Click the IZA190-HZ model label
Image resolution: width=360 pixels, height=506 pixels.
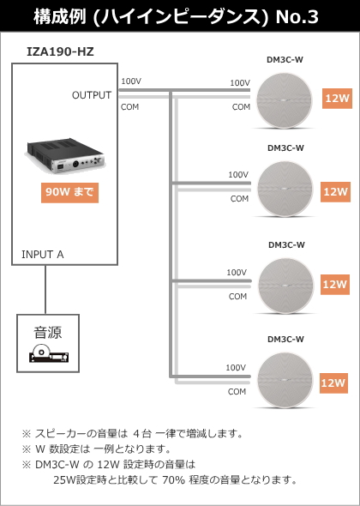pos(60,51)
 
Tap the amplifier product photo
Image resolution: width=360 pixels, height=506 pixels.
pos(66,156)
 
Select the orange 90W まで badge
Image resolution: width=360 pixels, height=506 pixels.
pos(69,193)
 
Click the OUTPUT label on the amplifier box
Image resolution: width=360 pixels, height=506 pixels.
pos(92,95)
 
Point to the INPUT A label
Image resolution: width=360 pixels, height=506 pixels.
pos(43,255)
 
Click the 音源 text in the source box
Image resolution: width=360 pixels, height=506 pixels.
pos(48,333)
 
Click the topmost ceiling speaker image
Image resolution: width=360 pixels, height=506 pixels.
pos(285,100)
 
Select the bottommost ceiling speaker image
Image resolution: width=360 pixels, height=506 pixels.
pos(285,380)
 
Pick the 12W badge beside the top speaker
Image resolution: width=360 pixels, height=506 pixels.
pos(337,98)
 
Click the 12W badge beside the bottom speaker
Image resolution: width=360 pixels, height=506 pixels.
pos(333,383)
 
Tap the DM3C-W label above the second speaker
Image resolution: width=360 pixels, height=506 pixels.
pos(285,148)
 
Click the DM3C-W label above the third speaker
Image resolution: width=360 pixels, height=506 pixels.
pos(286,245)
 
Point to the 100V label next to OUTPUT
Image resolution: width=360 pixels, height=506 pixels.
pos(131,81)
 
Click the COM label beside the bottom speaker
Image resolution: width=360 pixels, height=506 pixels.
pos(237,392)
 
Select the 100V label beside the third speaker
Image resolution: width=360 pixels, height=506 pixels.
pos(237,273)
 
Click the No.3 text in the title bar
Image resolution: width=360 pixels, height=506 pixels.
pos(297,17)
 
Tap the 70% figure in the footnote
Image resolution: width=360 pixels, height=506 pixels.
pos(173,480)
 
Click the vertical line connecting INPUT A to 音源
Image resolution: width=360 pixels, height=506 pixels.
pos(45,290)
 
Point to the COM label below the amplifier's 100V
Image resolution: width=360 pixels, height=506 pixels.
pos(129,107)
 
